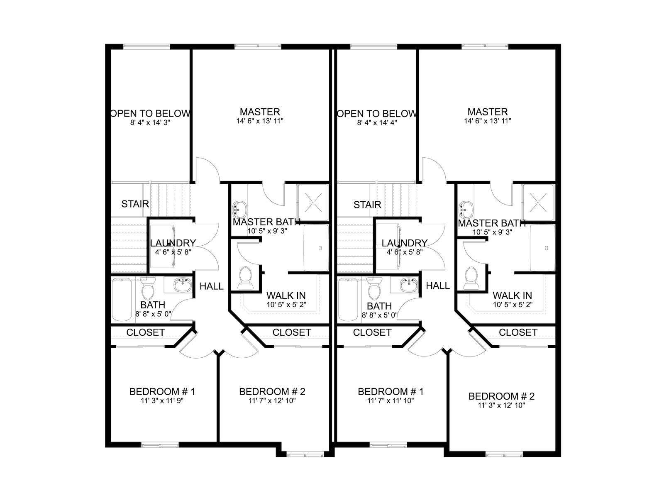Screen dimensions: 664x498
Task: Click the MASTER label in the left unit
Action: point(260,112)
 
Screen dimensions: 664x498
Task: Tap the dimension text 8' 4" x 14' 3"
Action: point(150,123)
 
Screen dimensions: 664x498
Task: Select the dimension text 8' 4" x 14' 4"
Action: point(377,123)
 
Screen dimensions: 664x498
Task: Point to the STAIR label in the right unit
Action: point(367,205)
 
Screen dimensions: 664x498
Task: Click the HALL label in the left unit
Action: point(212,286)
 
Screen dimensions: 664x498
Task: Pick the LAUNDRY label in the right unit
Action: point(405,243)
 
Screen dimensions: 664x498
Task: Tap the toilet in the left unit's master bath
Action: point(245,278)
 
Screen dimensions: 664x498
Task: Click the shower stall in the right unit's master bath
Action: point(538,202)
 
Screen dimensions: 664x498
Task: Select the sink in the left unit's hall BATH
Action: point(183,285)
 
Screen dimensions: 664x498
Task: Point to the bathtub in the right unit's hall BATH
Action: point(348,300)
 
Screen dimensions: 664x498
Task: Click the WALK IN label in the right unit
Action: point(513,295)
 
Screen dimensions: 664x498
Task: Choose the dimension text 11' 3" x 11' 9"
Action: point(162,401)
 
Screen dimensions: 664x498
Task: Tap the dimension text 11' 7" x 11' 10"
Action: point(391,401)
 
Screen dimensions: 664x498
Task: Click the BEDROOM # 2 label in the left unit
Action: point(272,392)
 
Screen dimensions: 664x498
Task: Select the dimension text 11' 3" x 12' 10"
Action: point(501,405)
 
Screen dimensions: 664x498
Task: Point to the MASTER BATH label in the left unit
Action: point(266,222)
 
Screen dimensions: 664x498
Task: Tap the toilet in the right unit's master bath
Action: point(471,278)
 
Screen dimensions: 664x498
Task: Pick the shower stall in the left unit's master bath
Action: point(312,202)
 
